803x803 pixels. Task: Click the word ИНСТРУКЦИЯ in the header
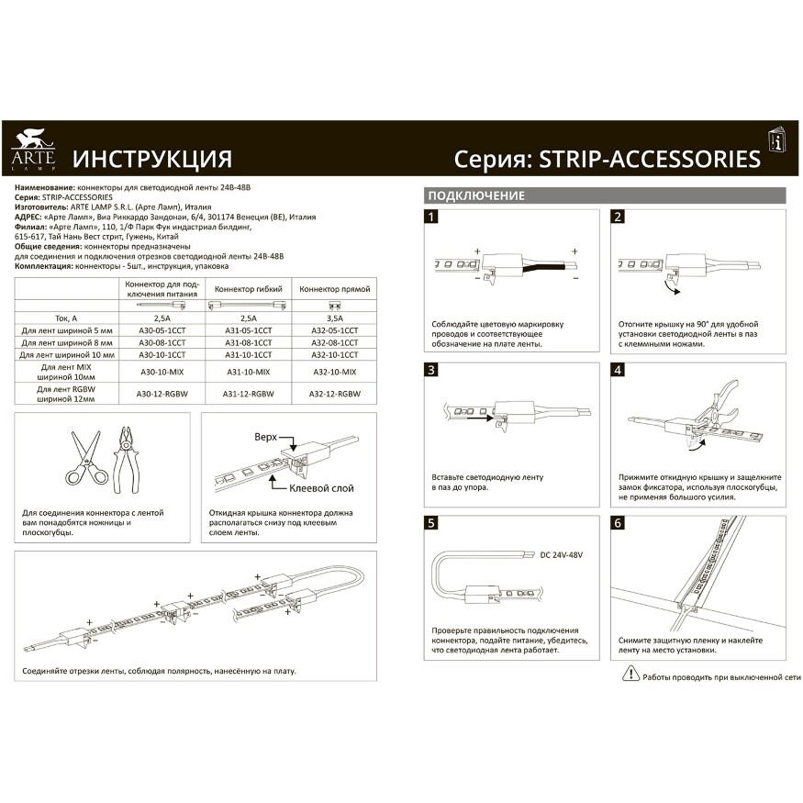coord(151,159)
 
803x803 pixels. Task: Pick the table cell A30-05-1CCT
coord(162,329)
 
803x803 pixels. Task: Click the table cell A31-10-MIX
coord(248,372)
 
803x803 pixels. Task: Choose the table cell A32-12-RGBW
coord(330,394)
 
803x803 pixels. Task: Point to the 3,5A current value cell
coord(330,317)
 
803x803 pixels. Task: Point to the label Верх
coord(265,438)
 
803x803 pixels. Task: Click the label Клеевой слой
coord(320,488)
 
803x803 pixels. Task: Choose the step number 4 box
coord(618,370)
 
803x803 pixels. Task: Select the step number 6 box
coord(618,523)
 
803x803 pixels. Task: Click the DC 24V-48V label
coord(563,555)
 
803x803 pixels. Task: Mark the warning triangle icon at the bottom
coord(630,675)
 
